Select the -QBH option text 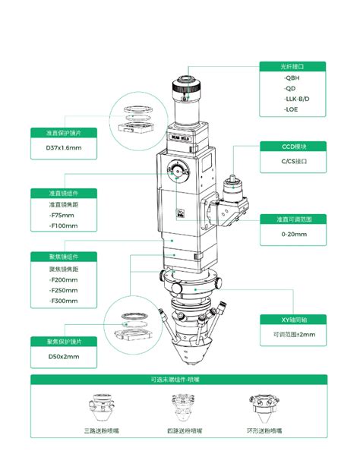(x=290, y=77)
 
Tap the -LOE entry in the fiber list (x=289, y=111)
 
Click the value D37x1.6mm (x=63, y=147)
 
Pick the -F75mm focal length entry (x=61, y=216)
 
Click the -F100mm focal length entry (x=62, y=226)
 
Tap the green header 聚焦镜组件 (x=64, y=257)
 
